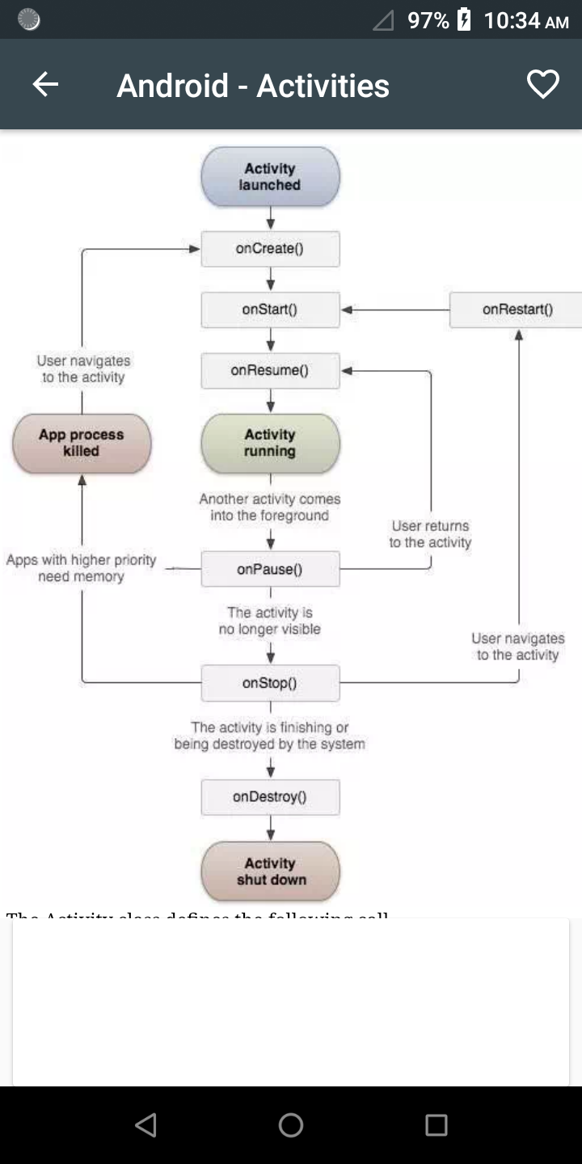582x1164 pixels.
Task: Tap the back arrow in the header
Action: tap(45, 85)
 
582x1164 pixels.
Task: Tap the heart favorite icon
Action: tap(542, 85)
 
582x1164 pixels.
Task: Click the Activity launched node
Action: tap(270, 177)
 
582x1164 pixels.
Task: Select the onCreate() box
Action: tap(270, 249)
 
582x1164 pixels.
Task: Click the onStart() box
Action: tap(270, 310)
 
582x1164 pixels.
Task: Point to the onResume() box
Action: tap(270, 371)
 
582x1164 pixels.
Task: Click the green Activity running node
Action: tap(270, 443)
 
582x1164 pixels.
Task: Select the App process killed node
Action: tap(82, 443)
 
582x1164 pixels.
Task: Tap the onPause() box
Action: tap(270, 569)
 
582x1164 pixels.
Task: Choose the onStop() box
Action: tap(270, 683)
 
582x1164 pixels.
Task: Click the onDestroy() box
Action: tap(270, 797)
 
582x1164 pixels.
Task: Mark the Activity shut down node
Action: tap(270, 871)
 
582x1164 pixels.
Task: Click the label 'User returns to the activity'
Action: tap(430, 534)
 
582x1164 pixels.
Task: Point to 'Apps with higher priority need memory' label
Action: tap(81, 568)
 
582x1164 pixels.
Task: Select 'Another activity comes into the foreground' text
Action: tap(270, 508)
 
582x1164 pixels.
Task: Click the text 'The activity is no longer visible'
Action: tap(270, 621)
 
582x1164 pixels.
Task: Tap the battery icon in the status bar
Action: tap(464, 19)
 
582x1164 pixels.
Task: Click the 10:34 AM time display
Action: tap(526, 20)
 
